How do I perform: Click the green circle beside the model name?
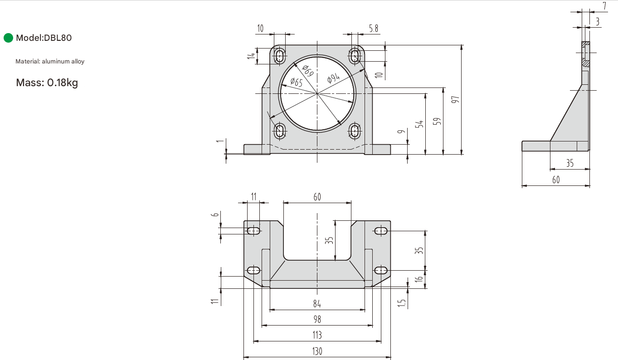pyautogui.click(x=9, y=38)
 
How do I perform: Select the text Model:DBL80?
pyautogui.click(x=44, y=38)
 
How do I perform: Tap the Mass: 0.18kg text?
pyautogui.click(x=47, y=83)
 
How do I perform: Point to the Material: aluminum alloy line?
pyautogui.click(x=50, y=61)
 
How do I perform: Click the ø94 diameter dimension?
pyautogui.click(x=333, y=78)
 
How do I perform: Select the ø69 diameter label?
pyautogui.click(x=307, y=70)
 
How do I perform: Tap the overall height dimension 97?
pyautogui.click(x=457, y=99)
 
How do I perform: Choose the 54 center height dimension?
pyautogui.click(x=420, y=124)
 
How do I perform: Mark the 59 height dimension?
pyautogui.click(x=437, y=122)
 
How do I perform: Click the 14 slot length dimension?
pyautogui.click(x=251, y=56)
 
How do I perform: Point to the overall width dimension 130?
pyautogui.click(x=317, y=351)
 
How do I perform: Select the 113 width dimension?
pyautogui.click(x=317, y=335)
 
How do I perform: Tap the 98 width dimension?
pyautogui.click(x=317, y=319)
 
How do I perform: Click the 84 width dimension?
pyautogui.click(x=317, y=304)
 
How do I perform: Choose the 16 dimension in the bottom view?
pyautogui.click(x=420, y=279)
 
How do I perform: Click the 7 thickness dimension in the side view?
pyautogui.click(x=605, y=6)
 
